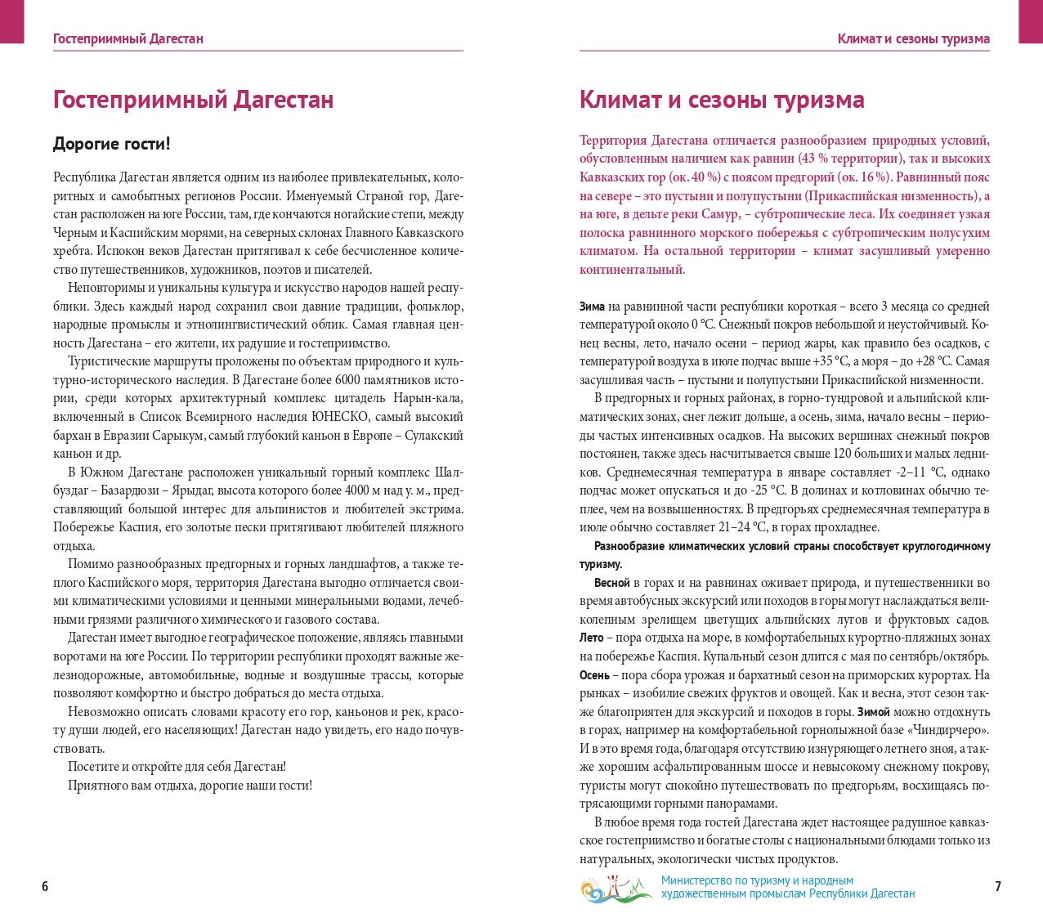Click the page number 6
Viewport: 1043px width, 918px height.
45,887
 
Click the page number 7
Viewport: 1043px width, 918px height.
997,887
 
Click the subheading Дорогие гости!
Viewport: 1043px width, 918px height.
112,145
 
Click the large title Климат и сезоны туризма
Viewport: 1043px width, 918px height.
721,99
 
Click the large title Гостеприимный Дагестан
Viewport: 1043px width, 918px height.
193,99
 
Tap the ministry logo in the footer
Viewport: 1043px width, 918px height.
616,888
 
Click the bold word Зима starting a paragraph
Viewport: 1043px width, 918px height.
592,307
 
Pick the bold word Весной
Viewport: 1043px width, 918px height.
611,583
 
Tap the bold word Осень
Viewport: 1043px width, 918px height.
594,675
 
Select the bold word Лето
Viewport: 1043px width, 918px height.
591,638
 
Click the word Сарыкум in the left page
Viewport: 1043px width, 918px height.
180,436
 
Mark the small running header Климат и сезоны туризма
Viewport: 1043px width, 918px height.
913,38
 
